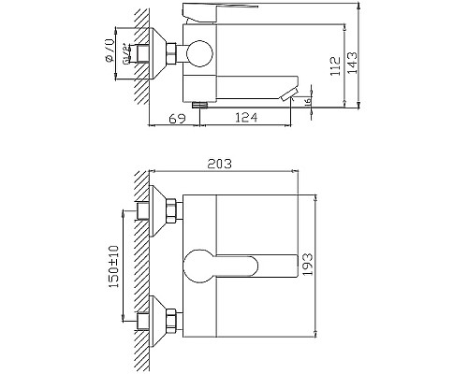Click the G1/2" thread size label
(124, 55)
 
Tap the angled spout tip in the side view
(292, 95)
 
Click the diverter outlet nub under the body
(198, 105)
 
